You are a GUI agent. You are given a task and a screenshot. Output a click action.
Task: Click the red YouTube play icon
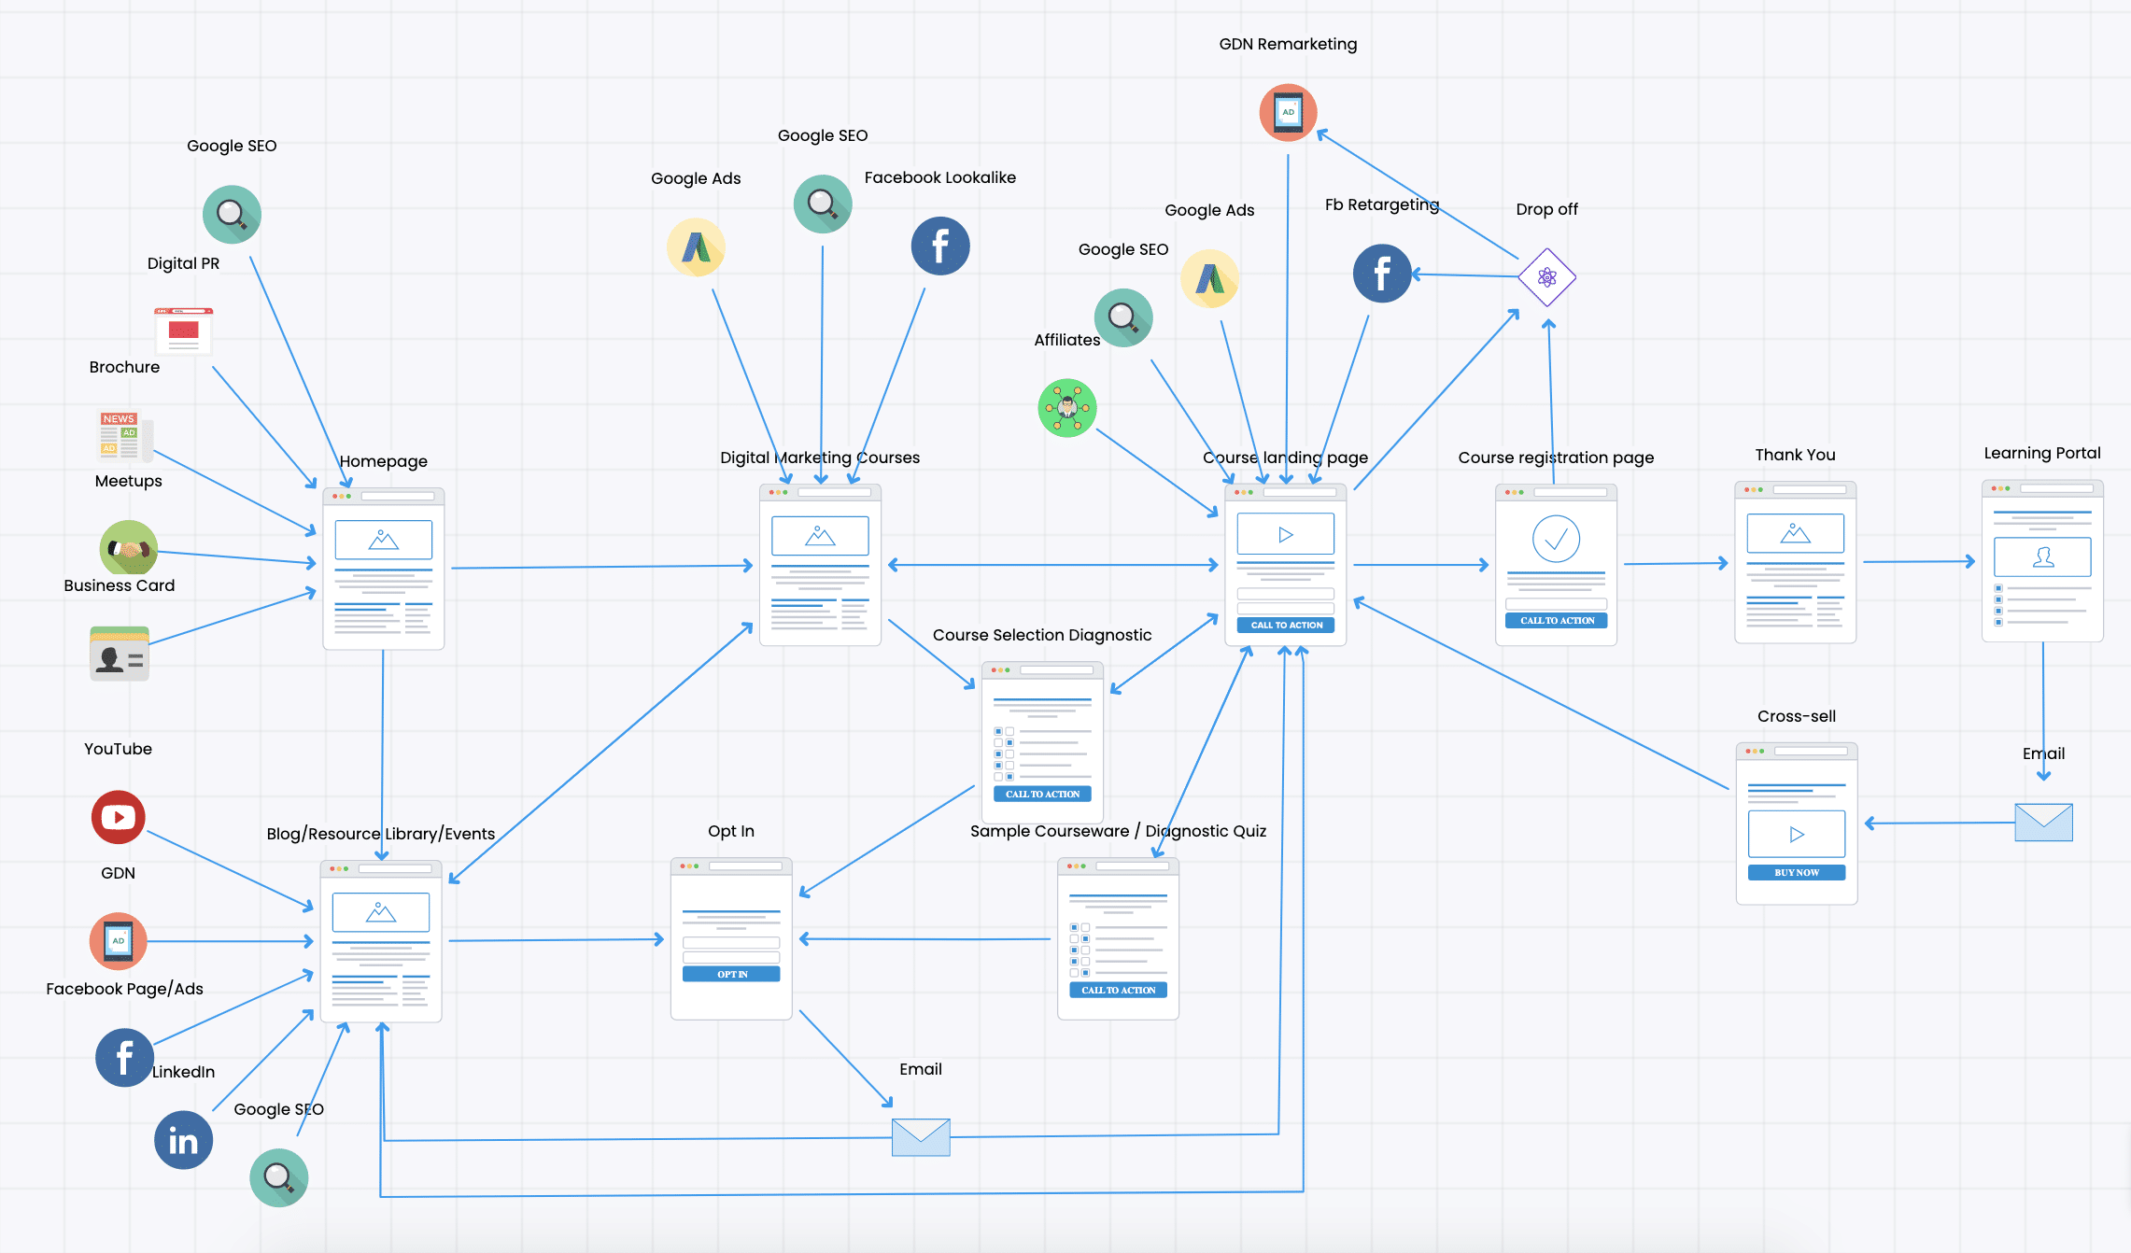[119, 817]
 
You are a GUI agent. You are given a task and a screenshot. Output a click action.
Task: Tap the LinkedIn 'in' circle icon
[183, 1140]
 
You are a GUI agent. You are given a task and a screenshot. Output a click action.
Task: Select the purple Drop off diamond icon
[1546, 277]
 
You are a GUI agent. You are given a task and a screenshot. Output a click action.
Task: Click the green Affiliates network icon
[1067, 408]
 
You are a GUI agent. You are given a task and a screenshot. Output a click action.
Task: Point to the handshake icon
[129, 549]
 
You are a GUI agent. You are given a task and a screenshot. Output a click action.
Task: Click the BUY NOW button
[1797, 872]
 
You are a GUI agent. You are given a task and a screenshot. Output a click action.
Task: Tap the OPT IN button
[731, 974]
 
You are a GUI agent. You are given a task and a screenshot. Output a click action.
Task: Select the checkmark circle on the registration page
[1556, 539]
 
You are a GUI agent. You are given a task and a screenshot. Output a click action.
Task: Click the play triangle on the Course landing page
[1286, 535]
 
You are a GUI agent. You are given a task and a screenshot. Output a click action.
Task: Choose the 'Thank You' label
[1795, 455]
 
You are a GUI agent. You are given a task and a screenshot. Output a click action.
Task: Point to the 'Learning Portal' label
[2042, 453]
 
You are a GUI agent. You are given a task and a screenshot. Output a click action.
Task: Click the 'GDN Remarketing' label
[1288, 44]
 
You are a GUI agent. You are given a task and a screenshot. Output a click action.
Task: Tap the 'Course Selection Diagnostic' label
[1042, 635]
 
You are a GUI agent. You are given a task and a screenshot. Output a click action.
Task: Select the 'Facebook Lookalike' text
[939, 177]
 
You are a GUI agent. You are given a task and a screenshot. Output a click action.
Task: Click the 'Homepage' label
[383, 461]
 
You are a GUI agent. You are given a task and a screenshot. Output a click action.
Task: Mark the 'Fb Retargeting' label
[1382, 204]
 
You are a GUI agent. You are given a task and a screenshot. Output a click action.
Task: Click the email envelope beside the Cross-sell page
[2043, 822]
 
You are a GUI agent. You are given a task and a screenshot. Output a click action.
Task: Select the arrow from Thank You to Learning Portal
[1919, 561]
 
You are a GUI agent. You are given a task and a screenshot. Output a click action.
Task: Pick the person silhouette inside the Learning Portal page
[2043, 557]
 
